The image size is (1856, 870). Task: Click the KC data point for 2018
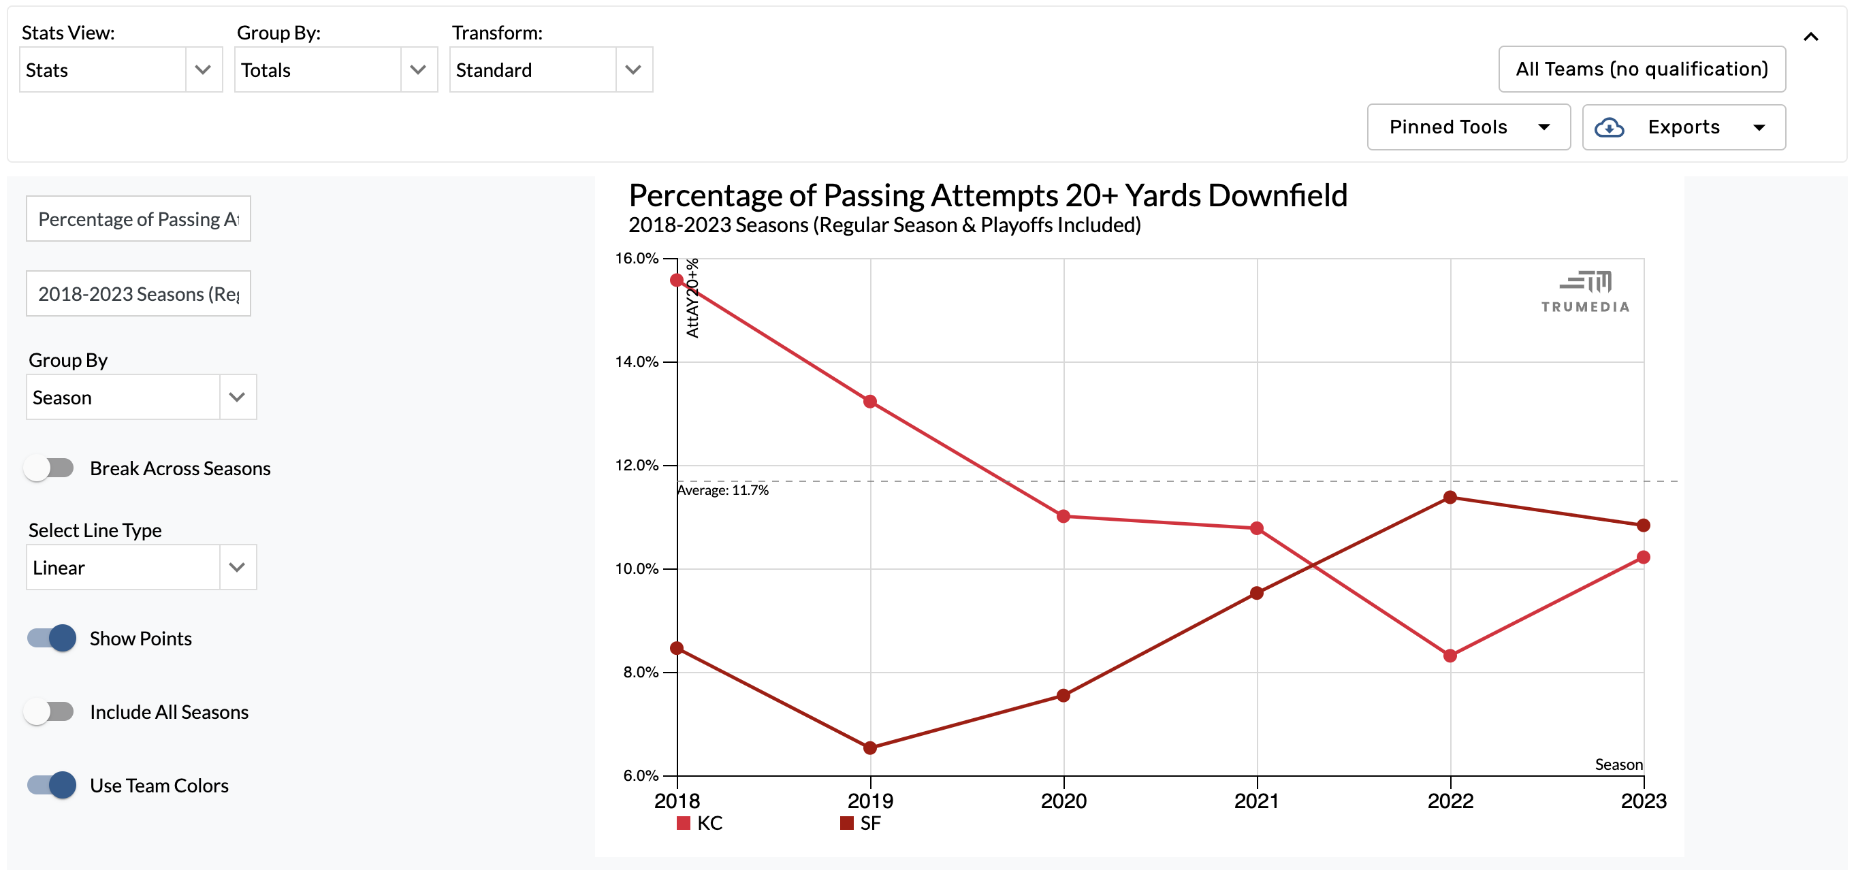pyautogui.click(x=677, y=280)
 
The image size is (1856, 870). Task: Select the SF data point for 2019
pyautogui.click(x=869, y=747)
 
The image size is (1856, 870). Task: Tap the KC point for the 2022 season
pyautogui.click(x=1450, y=656)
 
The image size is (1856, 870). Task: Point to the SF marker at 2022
pyautogui.click(x=1450, y=497)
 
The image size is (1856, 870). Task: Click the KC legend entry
pyautogui.click(x=701, y=823)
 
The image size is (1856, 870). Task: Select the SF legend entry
pyautogui.click(x=862, y=823)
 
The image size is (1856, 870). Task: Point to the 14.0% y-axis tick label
pyautogui.click(x=636, y=361)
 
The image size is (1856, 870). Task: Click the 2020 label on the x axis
pyautogui.click(x=1063, y=801)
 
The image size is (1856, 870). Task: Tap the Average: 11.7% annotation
pyautogui.click(x=722, y=490)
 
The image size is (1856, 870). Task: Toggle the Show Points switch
pyautogui.click(x=52, y=638)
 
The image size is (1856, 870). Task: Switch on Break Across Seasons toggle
pyautogui.click(x=49, y=468)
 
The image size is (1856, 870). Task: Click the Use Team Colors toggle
pyautogui.click(x=52, y=785)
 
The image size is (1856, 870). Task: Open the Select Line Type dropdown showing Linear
pyautogui.click(x=141, y=568)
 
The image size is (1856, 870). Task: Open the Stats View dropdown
pyautogui.click(x=121, y=70)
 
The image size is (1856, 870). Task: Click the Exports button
pyautogui.click(x=1683, y=127)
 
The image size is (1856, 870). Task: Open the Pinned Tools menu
pyautogui.click(x=1469, y=127)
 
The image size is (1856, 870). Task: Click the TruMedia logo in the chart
pyautogui.click(x=1585, y=291)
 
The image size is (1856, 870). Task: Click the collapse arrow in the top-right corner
pyautogui.click(x=1810, y=37)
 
